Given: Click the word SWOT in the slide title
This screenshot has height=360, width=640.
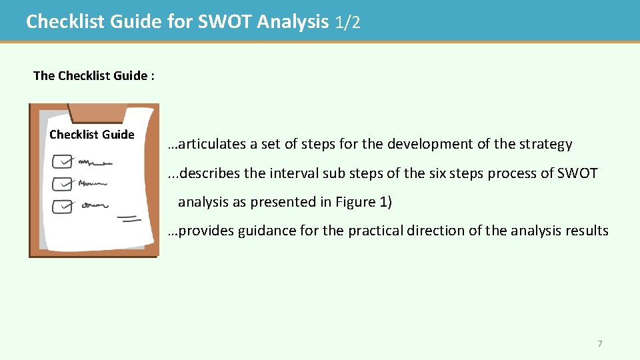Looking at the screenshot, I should point(225,22).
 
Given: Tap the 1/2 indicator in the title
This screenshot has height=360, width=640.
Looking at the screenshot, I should point(348,23).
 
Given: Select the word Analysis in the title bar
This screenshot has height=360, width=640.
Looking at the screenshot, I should point(293,22).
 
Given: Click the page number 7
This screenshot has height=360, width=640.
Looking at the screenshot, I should point(599,344).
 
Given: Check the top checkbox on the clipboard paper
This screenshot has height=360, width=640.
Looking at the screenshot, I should point(63,161).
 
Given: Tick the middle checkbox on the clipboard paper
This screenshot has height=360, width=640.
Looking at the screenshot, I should point(62,183).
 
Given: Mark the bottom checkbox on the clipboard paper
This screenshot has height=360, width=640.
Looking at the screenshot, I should point(62,206).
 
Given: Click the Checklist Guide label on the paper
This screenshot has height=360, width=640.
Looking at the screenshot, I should point(92,135).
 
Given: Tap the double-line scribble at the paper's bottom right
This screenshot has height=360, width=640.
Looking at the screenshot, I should point(129,218).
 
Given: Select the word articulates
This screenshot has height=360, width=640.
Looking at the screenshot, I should point(212,144).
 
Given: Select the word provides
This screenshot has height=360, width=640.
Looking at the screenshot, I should point(205,231).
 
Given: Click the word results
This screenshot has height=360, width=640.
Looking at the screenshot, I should point(585,231).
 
